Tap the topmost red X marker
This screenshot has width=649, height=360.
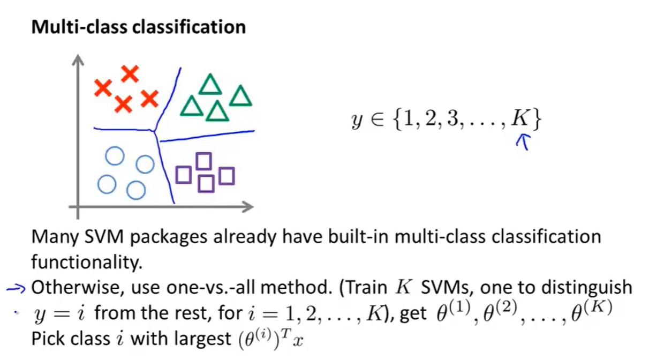130,73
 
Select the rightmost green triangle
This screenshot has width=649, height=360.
240,96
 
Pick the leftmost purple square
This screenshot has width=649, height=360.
184,175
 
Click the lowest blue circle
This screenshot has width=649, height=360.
136,190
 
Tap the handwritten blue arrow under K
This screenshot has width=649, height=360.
524,142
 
